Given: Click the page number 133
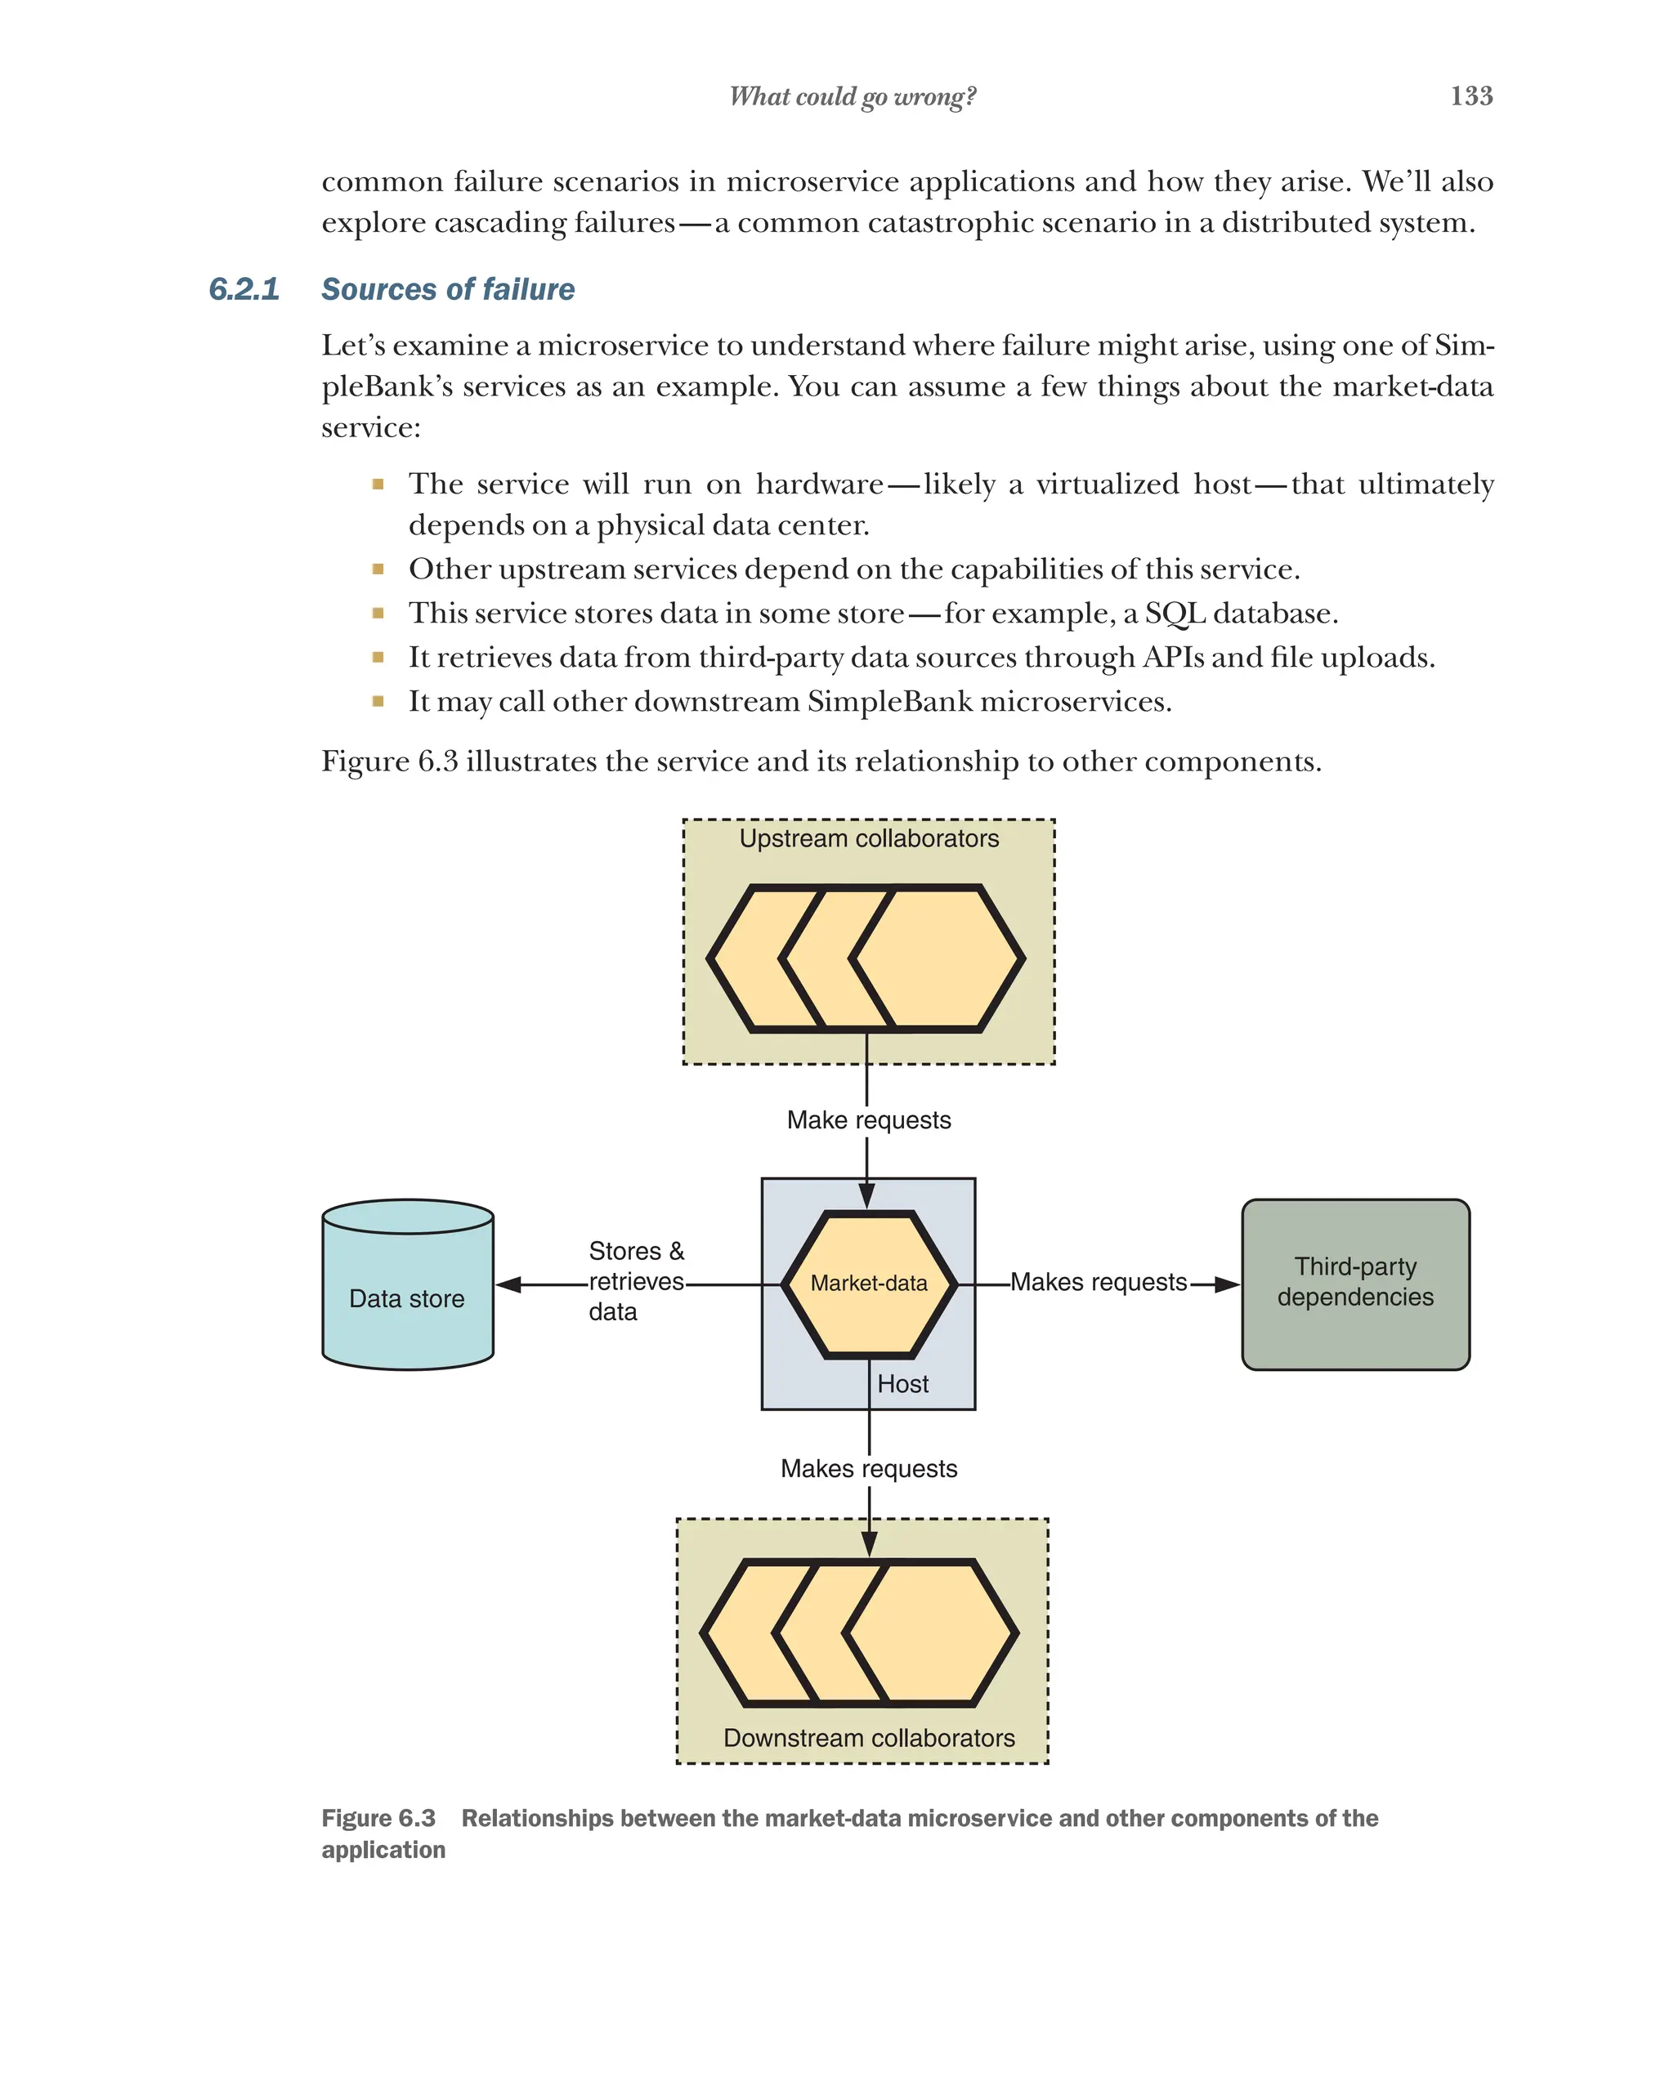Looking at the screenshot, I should (1470, 96).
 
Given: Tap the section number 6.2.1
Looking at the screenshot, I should (244, 289).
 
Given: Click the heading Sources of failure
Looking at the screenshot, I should (448, 289).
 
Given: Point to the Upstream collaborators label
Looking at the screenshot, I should (869, 838).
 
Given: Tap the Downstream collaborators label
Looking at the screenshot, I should (869, 1738).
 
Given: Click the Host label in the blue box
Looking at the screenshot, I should (902, 1383).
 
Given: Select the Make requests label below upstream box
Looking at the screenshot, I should (869, 1119).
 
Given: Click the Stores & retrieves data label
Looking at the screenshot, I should (636, 1281).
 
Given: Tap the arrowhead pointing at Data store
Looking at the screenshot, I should (509, 1284).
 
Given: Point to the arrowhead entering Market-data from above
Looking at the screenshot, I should (866, 1195).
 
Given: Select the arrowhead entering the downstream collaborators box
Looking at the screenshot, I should (869, 1543).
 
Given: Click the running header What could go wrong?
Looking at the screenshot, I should (852, 96).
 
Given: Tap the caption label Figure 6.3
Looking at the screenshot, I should (378, 1818).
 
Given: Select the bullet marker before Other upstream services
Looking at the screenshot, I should (378, 569).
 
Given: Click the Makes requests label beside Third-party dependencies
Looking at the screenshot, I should (1098, 1282).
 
